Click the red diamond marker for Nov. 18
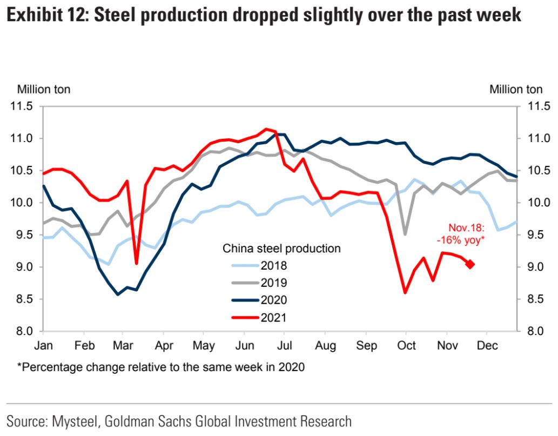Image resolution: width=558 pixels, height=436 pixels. tap(470, 264)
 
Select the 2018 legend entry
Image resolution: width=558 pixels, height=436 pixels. tap(273, 265)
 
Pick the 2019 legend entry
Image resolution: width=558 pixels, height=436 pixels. tap(273, 283)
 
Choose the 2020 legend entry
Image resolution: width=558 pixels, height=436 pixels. tap(273, 300)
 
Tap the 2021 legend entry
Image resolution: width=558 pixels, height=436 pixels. tap(273, 317)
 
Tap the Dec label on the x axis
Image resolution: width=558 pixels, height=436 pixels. tap(488, 345)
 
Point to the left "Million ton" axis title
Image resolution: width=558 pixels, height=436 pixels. tap(44, 90)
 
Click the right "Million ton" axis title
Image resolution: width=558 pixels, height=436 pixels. tap(516, 90)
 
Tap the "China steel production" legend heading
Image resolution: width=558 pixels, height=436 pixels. tap(281, 249)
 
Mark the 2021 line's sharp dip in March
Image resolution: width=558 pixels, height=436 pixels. tap(136, 264)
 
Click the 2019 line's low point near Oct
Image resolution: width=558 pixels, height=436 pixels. tap(405, 234)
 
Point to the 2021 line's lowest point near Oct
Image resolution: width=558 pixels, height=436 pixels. tap(405, 293)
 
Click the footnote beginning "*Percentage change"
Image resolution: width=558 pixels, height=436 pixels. tap(160, 368)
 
